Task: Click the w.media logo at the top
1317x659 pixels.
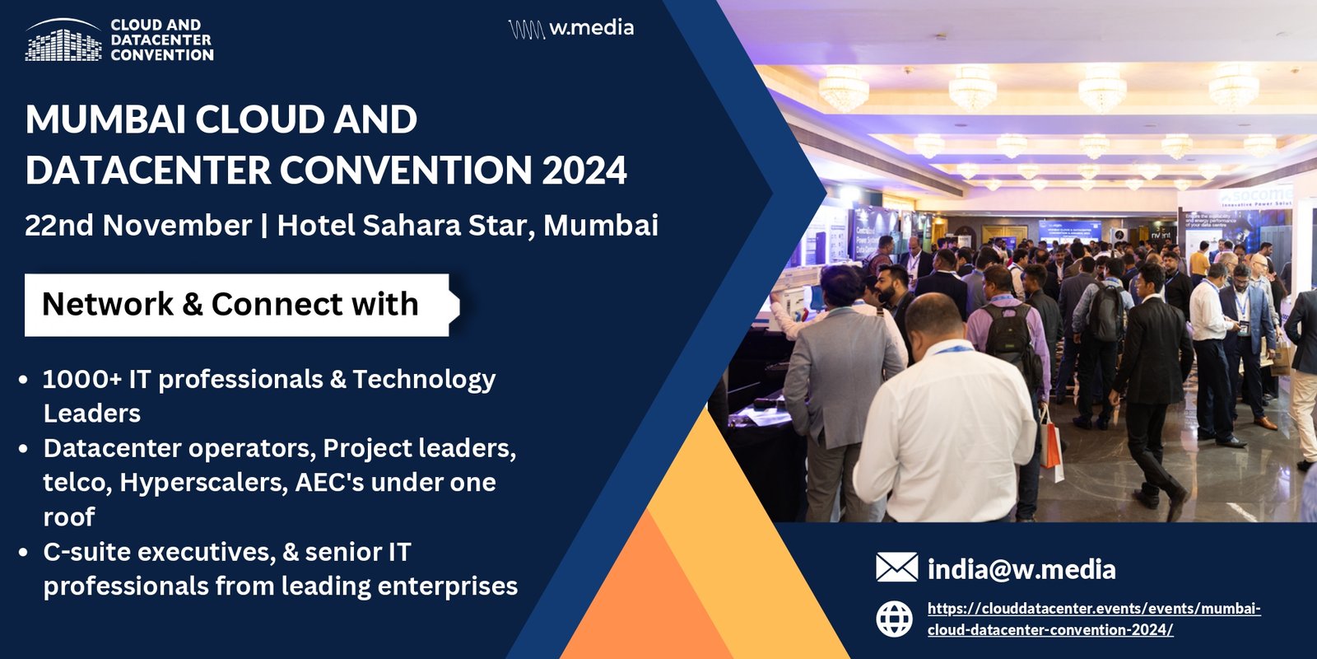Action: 571,29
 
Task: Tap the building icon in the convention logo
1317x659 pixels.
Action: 63,40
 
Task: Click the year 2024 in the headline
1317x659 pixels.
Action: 584,170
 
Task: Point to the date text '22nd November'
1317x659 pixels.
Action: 138,226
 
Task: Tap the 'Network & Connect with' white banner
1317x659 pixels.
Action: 242,305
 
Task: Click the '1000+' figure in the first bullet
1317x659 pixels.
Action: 81,380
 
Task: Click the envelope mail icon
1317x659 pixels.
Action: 896,568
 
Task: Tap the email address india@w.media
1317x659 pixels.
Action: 1021,569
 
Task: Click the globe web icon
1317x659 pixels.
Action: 894,619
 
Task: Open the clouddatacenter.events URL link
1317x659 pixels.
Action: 1094,619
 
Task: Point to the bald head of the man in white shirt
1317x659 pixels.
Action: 933,317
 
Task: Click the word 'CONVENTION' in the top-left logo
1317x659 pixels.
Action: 162,55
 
